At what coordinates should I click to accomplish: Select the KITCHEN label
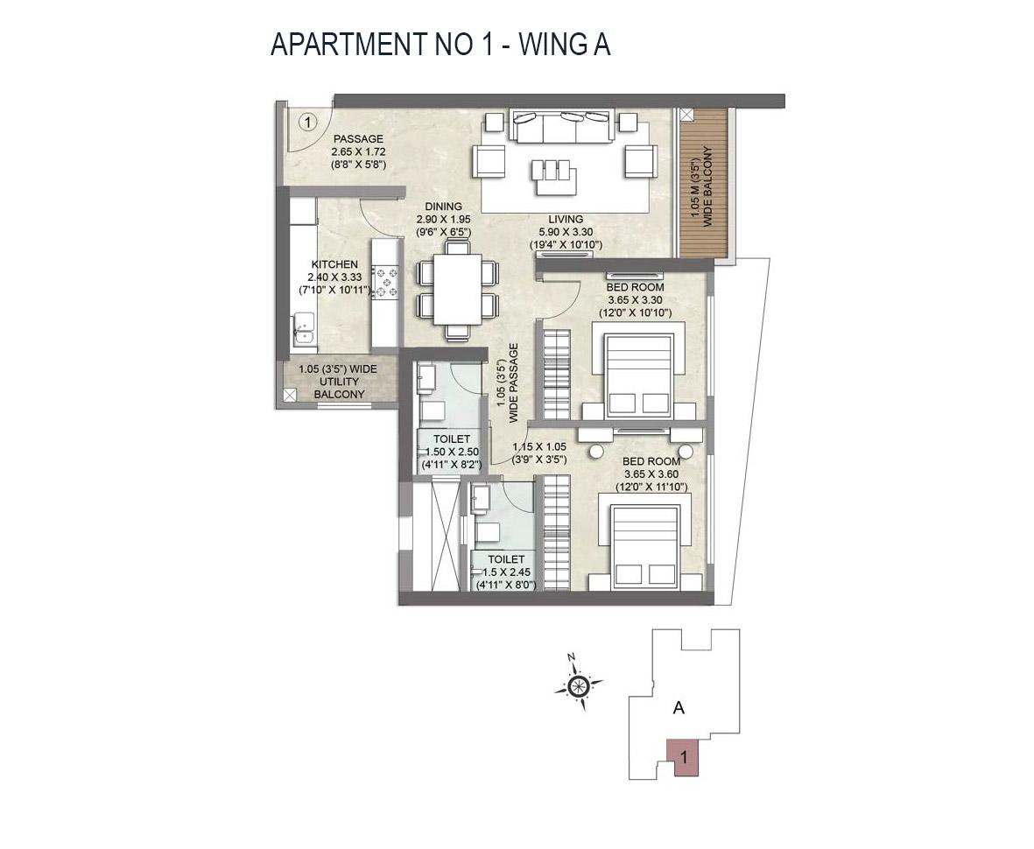tap(334, 264)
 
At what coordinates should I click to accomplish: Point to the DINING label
tap(444, 207)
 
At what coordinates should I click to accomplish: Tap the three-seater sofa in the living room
tap(560, 128)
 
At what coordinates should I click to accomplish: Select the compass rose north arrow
tap(578, 685)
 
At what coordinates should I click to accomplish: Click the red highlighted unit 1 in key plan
tap(683, 757)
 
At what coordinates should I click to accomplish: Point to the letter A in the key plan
tap(678, 709)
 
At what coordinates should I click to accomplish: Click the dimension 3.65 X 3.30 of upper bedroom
tap(635, 299)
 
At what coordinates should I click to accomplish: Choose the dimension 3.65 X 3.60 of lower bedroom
tap(651, 474)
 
